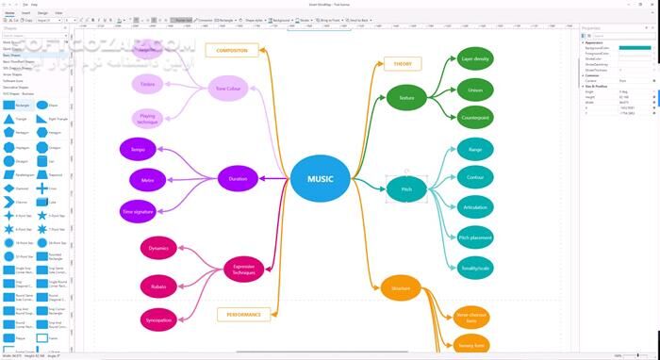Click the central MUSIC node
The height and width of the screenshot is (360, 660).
point(320,179)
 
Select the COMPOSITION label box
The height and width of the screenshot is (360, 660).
point(232,50)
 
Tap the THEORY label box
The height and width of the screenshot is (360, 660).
point(403,63)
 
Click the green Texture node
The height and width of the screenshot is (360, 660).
point(406,97)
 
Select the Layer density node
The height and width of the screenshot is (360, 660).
point(475,59)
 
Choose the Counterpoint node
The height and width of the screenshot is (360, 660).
point(475,118)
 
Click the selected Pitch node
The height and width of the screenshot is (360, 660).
point(406,188)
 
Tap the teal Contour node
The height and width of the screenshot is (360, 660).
point(475,177)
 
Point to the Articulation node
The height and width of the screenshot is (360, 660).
point(475,207)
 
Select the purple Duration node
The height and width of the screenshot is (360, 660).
point(238,178)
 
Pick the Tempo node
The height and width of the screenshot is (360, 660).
point(139,149)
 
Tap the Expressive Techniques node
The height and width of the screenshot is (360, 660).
point(244,270)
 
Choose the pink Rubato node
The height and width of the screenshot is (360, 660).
point(158,285)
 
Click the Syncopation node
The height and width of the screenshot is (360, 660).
point(158,319)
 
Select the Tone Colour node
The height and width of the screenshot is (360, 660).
point(232,89)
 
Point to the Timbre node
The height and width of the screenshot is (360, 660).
point(149,85)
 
